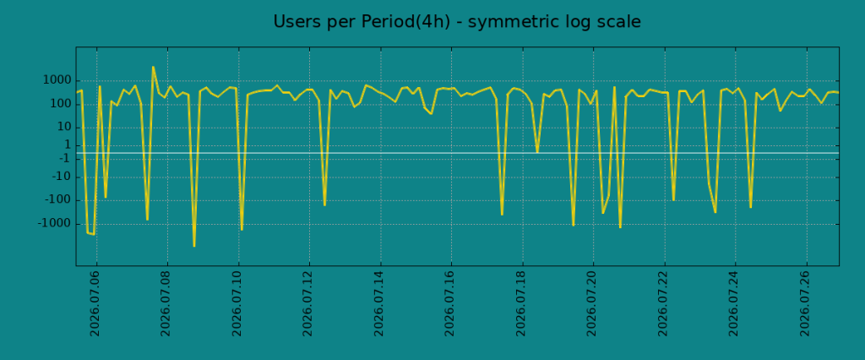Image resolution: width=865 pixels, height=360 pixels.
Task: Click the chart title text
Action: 457,22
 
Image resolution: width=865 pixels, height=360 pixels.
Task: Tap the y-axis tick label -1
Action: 63,159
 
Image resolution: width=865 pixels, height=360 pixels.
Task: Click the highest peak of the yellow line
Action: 153,67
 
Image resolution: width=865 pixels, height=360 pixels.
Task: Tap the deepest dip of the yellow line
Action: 193,246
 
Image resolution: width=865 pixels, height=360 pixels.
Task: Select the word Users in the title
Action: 294,22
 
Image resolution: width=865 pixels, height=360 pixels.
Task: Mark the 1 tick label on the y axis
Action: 67,145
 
